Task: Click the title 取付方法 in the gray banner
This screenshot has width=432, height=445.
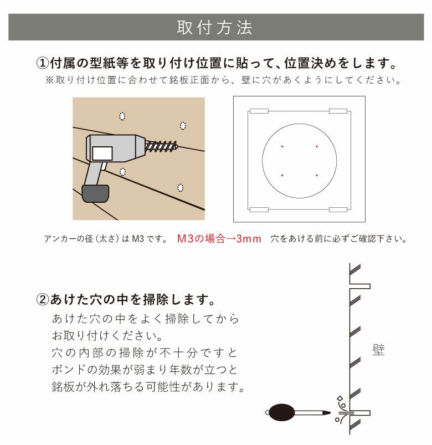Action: coord(215,28)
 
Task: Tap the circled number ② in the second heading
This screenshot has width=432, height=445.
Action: coord(43,300)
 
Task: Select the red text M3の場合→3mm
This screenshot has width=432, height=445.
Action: coord(219,239)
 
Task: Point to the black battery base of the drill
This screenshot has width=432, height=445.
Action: coord(95,193)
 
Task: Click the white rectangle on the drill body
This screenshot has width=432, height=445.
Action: coord(102,152)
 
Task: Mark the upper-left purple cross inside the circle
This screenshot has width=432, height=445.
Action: coord(282,146)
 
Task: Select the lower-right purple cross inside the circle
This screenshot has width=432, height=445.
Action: coord(316,175)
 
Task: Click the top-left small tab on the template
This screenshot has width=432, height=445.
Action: coord(259,111)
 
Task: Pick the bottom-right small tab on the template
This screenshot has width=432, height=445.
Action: coord(338,209)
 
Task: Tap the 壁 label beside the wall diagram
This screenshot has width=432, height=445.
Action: coord(378,350)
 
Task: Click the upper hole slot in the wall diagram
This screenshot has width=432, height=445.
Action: coord(359,286)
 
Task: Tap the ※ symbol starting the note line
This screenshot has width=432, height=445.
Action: coord(49,80)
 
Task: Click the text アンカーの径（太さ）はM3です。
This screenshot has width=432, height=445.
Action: coord(105,239)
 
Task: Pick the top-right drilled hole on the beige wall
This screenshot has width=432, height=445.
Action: coord(183,124)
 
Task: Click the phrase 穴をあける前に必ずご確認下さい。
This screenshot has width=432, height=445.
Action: coord(339,239)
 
